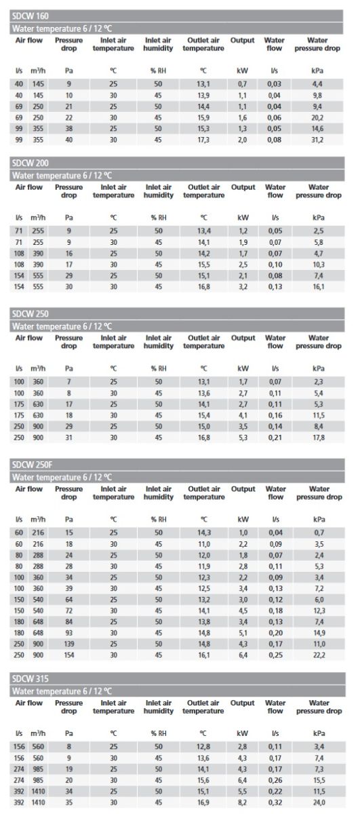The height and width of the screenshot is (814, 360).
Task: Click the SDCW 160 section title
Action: pos(30,16)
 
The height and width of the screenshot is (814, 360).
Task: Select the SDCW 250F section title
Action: pos(33,465)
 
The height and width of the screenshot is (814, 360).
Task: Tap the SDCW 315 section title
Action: pos(30,678)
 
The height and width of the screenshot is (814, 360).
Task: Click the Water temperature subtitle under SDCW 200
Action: pos(62,176)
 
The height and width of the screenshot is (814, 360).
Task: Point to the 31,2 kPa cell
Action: pos(317,140)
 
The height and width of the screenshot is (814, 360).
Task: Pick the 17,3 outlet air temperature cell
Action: pos(203,140)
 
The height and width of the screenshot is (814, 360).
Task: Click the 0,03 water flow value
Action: pos(275,84)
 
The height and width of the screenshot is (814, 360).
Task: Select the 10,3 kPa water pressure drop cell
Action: pos(319,265)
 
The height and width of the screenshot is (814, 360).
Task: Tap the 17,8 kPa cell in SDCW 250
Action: pos(319,438)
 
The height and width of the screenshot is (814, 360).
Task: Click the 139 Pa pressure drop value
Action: pos(69,644)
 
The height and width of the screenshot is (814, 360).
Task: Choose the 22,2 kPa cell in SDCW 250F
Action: pos(319,655)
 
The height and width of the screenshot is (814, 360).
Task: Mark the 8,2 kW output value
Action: pos(243,802)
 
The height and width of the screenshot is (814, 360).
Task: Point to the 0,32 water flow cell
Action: pos(275,802)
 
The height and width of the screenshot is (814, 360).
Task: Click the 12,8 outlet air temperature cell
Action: pos(203,747)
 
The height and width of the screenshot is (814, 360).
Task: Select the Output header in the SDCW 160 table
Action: pos(242,40)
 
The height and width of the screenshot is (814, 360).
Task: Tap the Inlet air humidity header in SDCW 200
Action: pos(159,191)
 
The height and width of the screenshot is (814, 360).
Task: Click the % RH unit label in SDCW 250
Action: pos(159,368)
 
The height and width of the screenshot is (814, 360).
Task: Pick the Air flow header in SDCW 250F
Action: pos(28,489)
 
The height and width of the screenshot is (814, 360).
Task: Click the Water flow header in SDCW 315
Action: pos(275,707)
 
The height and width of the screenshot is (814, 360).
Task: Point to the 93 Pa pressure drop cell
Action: pos(69,633)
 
